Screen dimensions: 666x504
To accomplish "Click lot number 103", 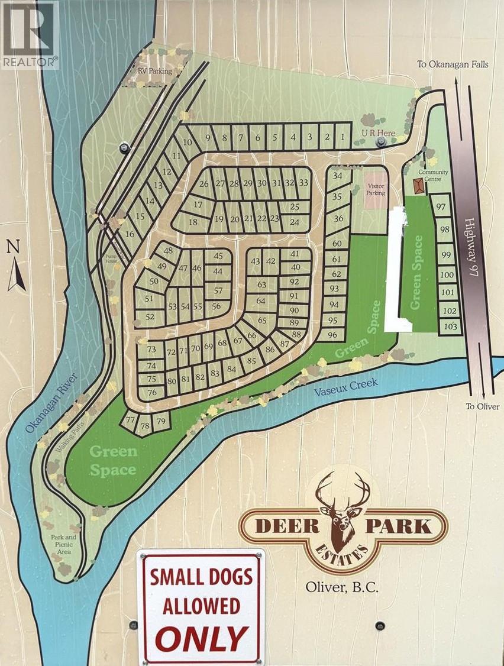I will [451, 326].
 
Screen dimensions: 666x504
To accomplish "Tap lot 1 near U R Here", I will [343, 137].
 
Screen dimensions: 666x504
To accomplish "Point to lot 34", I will [337, 176].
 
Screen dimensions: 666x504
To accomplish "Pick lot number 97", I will [440, 206].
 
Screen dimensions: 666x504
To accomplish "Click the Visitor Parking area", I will [376, 189].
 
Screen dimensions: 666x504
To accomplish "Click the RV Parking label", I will [154, 71].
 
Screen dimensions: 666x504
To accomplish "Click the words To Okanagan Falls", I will [453, 64].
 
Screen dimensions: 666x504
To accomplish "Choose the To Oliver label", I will [482, 406].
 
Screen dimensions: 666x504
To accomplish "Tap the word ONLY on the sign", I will [201, 638].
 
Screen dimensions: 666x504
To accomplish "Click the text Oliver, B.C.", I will [342, 587].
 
